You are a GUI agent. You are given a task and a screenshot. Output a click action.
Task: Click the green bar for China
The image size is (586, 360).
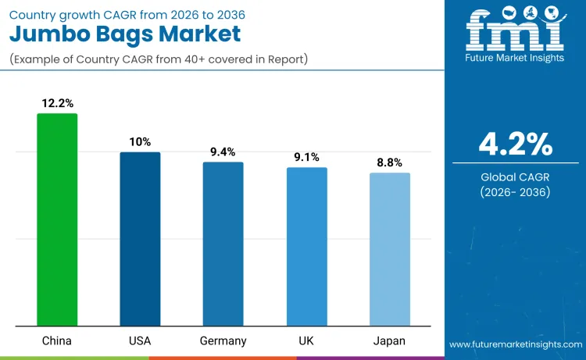[x=57, y=219]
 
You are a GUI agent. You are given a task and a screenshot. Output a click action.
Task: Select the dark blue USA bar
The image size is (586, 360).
[x=140, y=239]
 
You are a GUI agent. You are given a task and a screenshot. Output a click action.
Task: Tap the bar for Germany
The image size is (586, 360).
[x=223, y=244]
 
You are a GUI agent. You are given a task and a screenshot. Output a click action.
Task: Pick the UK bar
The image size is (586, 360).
[x=306, y=246]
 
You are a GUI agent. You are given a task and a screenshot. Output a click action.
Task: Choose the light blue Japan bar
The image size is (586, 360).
[x=389, y=249]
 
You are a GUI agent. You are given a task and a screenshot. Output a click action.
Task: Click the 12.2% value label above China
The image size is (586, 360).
[x=57, y=103]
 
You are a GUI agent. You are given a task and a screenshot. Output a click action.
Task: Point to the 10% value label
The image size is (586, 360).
[x=140, y=141]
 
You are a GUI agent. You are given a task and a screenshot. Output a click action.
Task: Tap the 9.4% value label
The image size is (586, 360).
[x=223, y=151]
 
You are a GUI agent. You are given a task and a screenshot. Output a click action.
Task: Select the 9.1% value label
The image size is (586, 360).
[x=306, y=157]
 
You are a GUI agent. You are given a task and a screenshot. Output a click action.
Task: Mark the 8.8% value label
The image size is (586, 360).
[x=389, y=162]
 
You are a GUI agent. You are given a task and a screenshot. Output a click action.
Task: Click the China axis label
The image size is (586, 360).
[x=57, y=341]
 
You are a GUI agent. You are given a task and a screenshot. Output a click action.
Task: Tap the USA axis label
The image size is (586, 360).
[x=140, y=341]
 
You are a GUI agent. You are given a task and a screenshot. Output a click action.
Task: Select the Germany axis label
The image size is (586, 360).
[x=223, y=341]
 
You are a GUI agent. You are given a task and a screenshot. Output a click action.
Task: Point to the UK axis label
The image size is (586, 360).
[x=306, y=341]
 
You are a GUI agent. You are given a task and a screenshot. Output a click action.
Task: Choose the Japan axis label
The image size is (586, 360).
[x=389, y=341]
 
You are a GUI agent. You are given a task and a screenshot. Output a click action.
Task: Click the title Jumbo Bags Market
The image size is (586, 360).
[x=124, y=34]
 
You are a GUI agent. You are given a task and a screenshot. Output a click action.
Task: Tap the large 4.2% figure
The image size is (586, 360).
[x=515, y=144]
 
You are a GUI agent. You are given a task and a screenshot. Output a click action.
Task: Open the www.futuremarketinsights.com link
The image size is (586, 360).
[x=515, y=344]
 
